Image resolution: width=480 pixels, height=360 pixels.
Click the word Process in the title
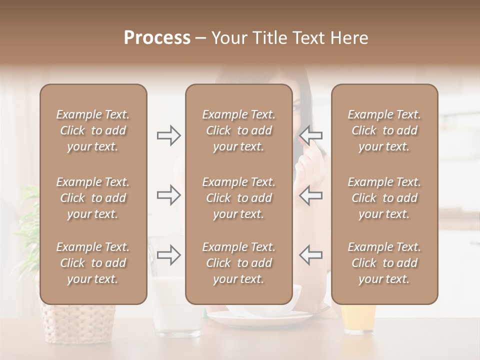coord(157,38)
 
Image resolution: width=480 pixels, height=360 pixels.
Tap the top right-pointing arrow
coord(169,135)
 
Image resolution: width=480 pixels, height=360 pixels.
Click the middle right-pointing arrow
coord(169,195)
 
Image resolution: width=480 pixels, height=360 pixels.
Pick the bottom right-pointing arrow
coord(169,255)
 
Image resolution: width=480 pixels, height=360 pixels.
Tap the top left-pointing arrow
coord(310,135)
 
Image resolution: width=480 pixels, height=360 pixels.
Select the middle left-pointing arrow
coord(310,195)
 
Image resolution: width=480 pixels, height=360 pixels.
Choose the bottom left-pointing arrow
coord(310,255)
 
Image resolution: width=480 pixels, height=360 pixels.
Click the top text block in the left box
coord(93,130)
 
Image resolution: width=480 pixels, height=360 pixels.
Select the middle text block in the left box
coord(93,198)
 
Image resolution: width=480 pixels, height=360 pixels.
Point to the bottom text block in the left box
coord(93,263)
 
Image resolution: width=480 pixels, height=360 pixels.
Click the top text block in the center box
coord(238,130)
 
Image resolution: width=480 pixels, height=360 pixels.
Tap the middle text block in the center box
coord(238,198)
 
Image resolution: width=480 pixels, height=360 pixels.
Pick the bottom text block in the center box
coord(238,263)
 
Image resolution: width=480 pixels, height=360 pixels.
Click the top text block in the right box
coord(384,130)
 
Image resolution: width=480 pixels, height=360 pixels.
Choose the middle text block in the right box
coord(384,198)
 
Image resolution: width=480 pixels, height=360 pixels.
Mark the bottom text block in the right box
coord(384,263)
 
